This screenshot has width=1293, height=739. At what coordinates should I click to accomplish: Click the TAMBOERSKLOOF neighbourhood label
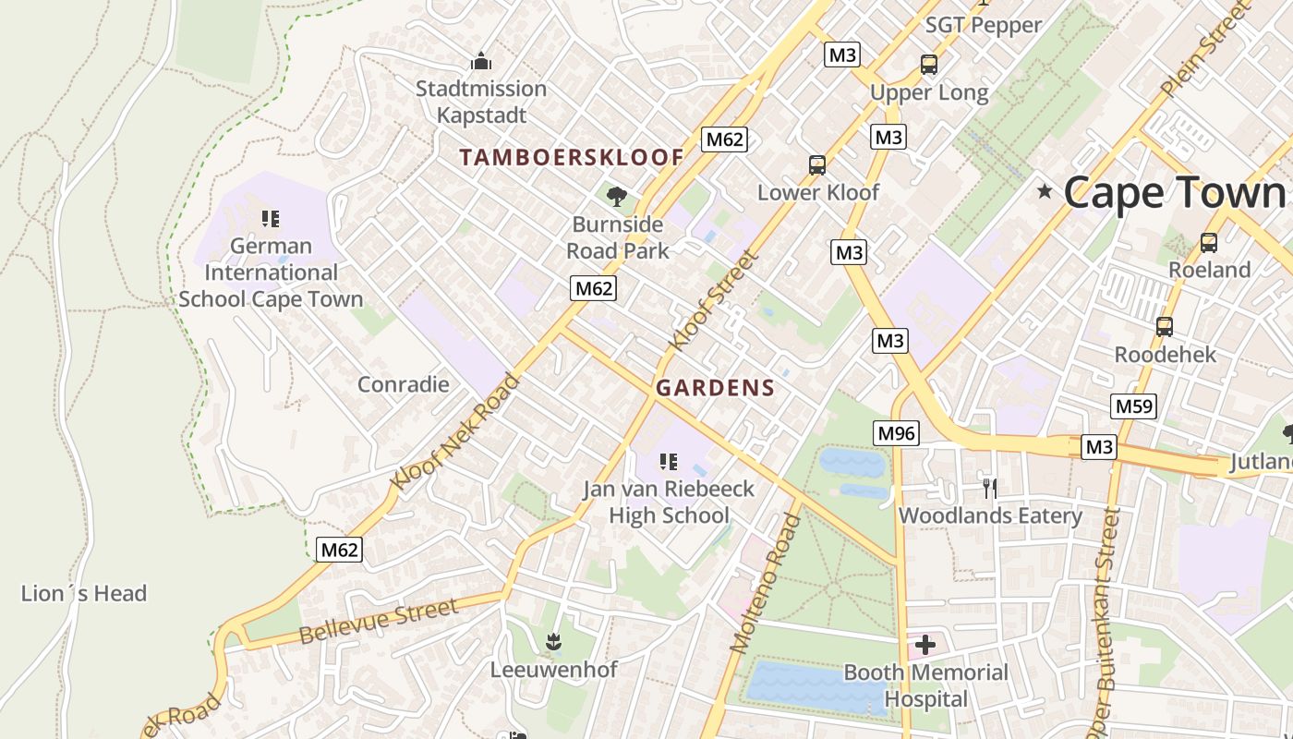pos(572,157)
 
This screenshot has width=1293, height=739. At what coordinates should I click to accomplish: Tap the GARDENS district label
pos(715,388)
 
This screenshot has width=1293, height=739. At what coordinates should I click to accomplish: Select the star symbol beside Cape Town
pos(1045,192)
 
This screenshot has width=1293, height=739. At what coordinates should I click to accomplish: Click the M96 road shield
pos(896,432)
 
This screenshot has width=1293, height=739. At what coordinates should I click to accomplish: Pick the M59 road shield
pos(1133,406)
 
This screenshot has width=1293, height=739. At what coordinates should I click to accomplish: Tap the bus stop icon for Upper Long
pos(928,65)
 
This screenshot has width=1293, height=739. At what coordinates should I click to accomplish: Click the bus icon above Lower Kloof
pos(817,165)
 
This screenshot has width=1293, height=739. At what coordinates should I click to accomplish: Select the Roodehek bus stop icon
pos(1165,326)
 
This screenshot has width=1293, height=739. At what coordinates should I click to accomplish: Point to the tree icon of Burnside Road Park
pos(617,196)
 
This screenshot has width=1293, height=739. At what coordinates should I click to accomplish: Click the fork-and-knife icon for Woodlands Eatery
pos(989,487)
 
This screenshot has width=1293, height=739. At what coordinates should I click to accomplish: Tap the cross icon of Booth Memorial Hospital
pos(925,644)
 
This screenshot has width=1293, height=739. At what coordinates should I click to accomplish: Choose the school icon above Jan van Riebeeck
pos(669,461)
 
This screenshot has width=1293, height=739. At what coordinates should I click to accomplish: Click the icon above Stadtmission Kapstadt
pos(481,62)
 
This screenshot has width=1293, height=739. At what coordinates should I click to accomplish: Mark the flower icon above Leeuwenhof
pos(553,641)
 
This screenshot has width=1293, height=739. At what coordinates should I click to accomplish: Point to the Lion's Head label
pos(84,593)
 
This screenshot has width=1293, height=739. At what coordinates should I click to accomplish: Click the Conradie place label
pos(403,384)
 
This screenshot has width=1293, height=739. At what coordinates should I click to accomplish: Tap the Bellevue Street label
pos(379,622)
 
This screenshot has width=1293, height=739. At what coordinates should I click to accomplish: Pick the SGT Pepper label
pos(984,25)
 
